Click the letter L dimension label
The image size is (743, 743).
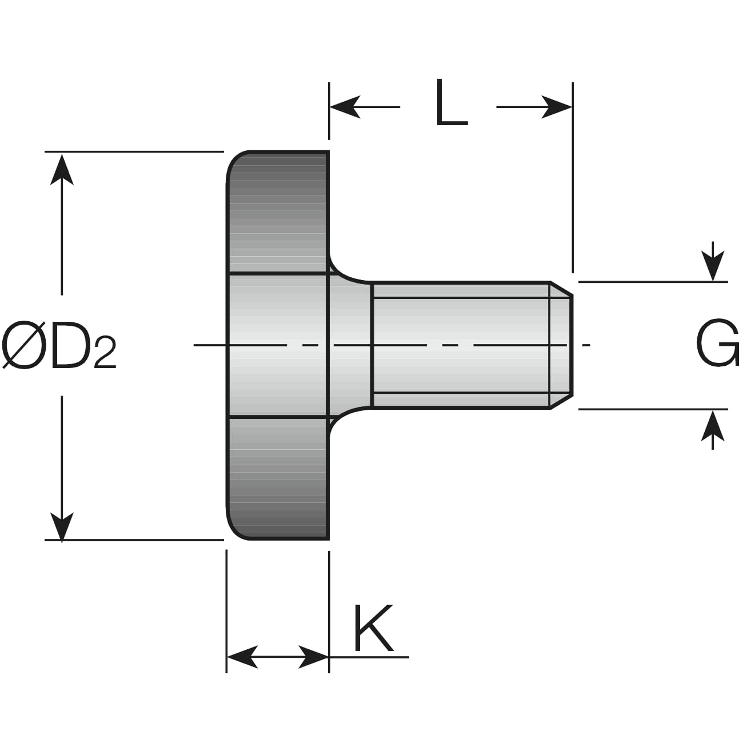pyautogui.click(x=450, y=103)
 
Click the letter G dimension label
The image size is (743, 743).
pyautogui.click(x=717, y=344)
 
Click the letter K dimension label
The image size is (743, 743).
pyautogui.click(x=373, y=628)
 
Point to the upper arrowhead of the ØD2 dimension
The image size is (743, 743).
pyautogui.click(x=62, y=169)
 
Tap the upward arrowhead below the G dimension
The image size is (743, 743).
pyautogui.click(x=713, y=426)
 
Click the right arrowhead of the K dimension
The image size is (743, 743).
pyautogui.click(x=314, y=657)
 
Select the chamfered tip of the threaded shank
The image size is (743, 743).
pyautogui.click(x=561, y=345)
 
